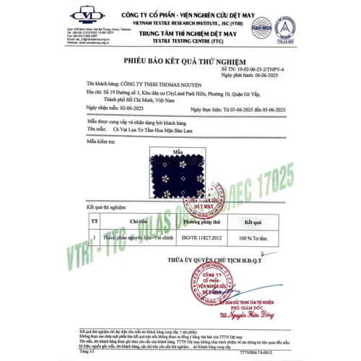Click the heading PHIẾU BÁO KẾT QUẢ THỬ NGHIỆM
point(180,63)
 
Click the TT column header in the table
point(94,223)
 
